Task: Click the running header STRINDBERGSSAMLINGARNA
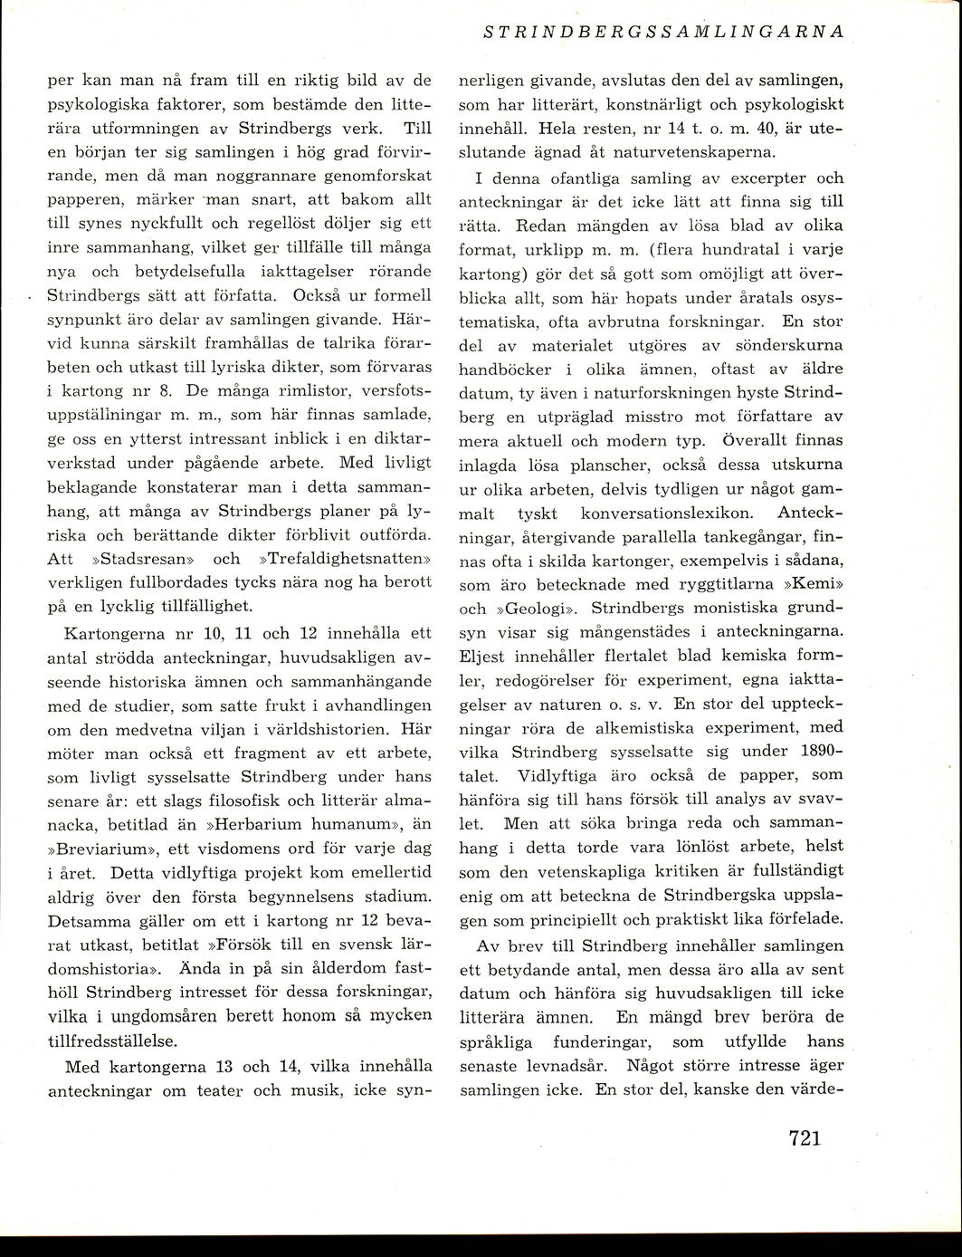click(x=664, y=31)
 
